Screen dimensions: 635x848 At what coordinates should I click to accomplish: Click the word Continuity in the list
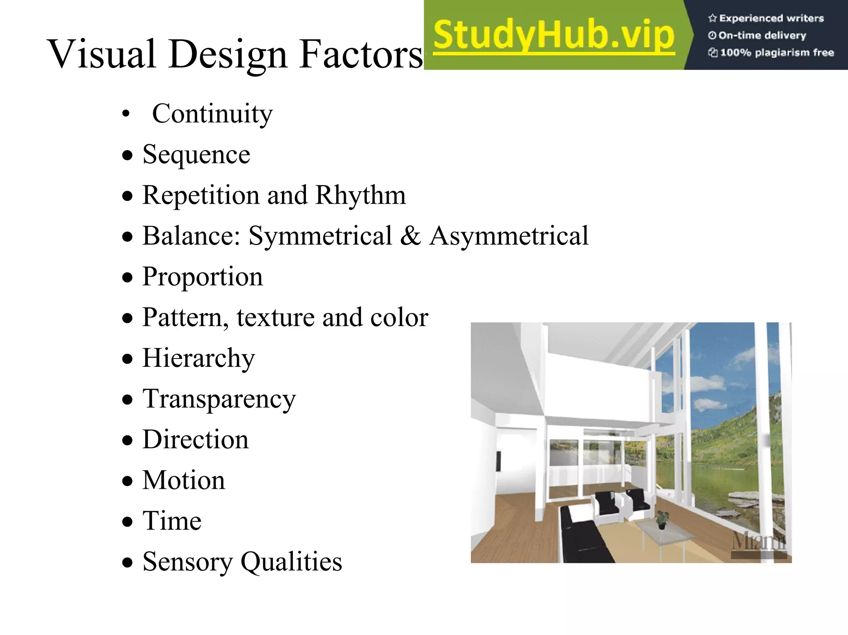pos(212,114)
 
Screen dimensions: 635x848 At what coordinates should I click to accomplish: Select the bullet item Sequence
pos(196,155)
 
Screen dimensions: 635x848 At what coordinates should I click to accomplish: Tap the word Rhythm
pos(360,195)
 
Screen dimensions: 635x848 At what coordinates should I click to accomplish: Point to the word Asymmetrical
pos(508,236)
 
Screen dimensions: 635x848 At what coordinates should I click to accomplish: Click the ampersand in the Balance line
pos(410,236)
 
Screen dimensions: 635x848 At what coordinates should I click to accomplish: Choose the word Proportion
pos(202,277)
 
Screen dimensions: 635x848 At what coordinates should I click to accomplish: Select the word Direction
pos(195,440)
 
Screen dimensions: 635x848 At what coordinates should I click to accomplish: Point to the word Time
pos(172,521)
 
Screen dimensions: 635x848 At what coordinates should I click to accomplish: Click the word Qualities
pos(291,562)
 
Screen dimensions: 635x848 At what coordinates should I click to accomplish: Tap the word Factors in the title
pos(360,54)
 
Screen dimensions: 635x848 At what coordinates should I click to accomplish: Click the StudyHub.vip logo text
pos(554,36)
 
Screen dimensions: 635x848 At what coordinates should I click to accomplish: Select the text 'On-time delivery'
pos(762,36)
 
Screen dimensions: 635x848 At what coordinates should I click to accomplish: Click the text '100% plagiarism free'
pos(777,53)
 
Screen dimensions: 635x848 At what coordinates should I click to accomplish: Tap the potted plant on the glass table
pos(662,519)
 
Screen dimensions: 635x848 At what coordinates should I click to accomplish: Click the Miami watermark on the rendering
pos(759,542)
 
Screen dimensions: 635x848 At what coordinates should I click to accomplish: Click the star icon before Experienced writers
pos(712,18)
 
